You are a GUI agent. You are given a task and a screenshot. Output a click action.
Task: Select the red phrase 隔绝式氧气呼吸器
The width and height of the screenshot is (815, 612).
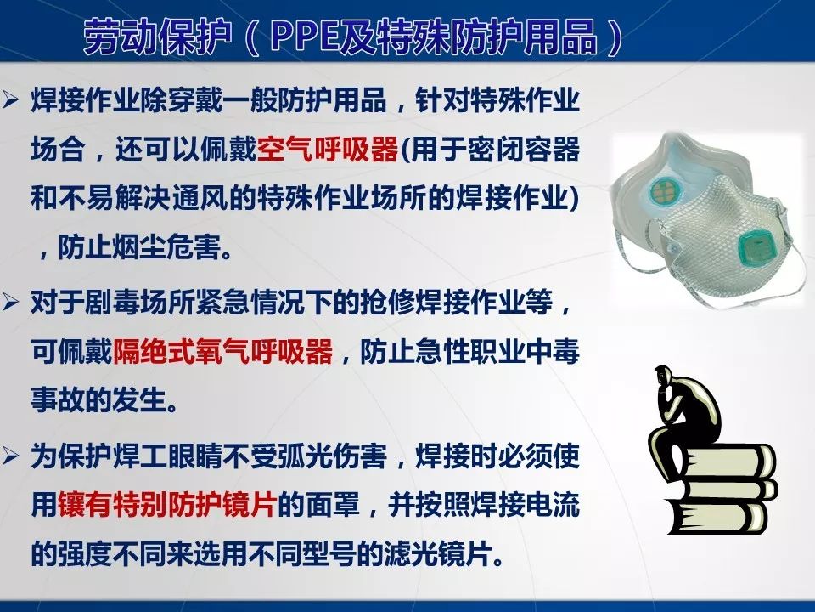[222, 352]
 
